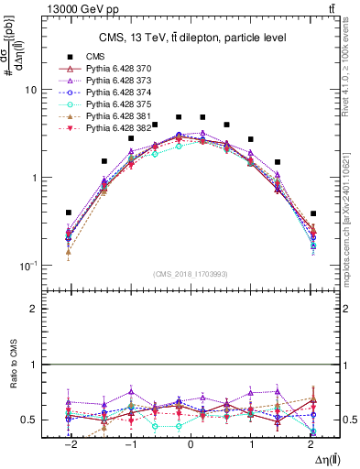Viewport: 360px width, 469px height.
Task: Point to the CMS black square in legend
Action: [69, 57]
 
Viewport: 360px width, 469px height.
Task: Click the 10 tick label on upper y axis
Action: [29, 91]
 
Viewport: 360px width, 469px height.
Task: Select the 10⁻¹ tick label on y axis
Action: [27, 266]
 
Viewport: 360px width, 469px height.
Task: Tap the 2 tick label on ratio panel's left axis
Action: [33, 310]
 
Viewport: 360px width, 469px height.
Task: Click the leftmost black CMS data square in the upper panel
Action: [69, 213]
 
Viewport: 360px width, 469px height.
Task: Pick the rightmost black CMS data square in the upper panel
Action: [312, 213]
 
